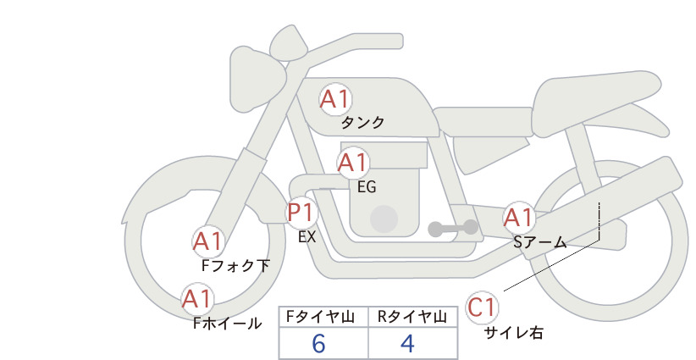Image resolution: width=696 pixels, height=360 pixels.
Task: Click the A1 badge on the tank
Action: tap(335, 99)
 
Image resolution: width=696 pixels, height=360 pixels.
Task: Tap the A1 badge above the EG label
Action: tap(353, 163)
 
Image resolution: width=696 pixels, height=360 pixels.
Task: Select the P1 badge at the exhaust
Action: tap(301, 213)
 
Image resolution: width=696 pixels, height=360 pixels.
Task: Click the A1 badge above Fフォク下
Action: tap(207, 241)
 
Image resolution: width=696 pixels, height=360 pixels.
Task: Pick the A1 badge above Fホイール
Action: tap(197, 299)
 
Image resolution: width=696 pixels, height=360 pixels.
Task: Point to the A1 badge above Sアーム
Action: tap(519, 218)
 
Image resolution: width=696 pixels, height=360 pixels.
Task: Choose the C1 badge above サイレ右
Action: tap(482, 307)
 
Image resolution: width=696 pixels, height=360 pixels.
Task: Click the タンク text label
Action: tap(362, 123)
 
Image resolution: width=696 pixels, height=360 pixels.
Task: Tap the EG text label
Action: tap(367, 187)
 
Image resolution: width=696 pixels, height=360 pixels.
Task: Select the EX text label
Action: tap(307, 237)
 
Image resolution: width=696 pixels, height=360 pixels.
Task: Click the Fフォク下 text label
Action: tap(235, 266)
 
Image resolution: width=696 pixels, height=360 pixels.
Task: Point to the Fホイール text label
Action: tap(228, 324)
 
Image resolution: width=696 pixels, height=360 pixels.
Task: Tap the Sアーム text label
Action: tap(540, 242)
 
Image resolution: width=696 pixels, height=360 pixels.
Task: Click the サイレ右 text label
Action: tap(514, 333)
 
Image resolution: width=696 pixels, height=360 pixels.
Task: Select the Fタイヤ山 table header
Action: tap(320, 317)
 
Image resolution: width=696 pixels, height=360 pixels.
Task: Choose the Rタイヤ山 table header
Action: tap(412, 317)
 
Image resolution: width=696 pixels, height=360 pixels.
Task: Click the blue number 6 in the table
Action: tap(318, 344)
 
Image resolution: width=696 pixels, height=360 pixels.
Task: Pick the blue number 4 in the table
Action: tap(407, 344)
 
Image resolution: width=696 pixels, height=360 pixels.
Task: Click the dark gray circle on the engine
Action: tap(384, 219)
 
